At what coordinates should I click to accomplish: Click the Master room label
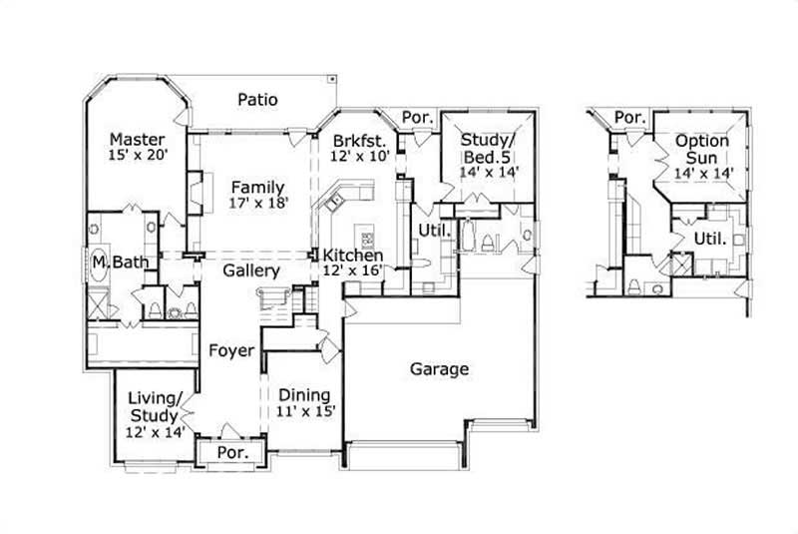coord(137,139)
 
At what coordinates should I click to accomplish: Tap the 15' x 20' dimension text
coord(137,155)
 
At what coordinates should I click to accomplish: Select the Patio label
coord(257,100)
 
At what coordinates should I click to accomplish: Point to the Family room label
coord(257,187)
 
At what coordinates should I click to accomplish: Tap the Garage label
coord(439,369)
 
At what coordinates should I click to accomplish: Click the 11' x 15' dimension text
coord(305,410)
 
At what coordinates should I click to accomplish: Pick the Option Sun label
coord(701,149)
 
